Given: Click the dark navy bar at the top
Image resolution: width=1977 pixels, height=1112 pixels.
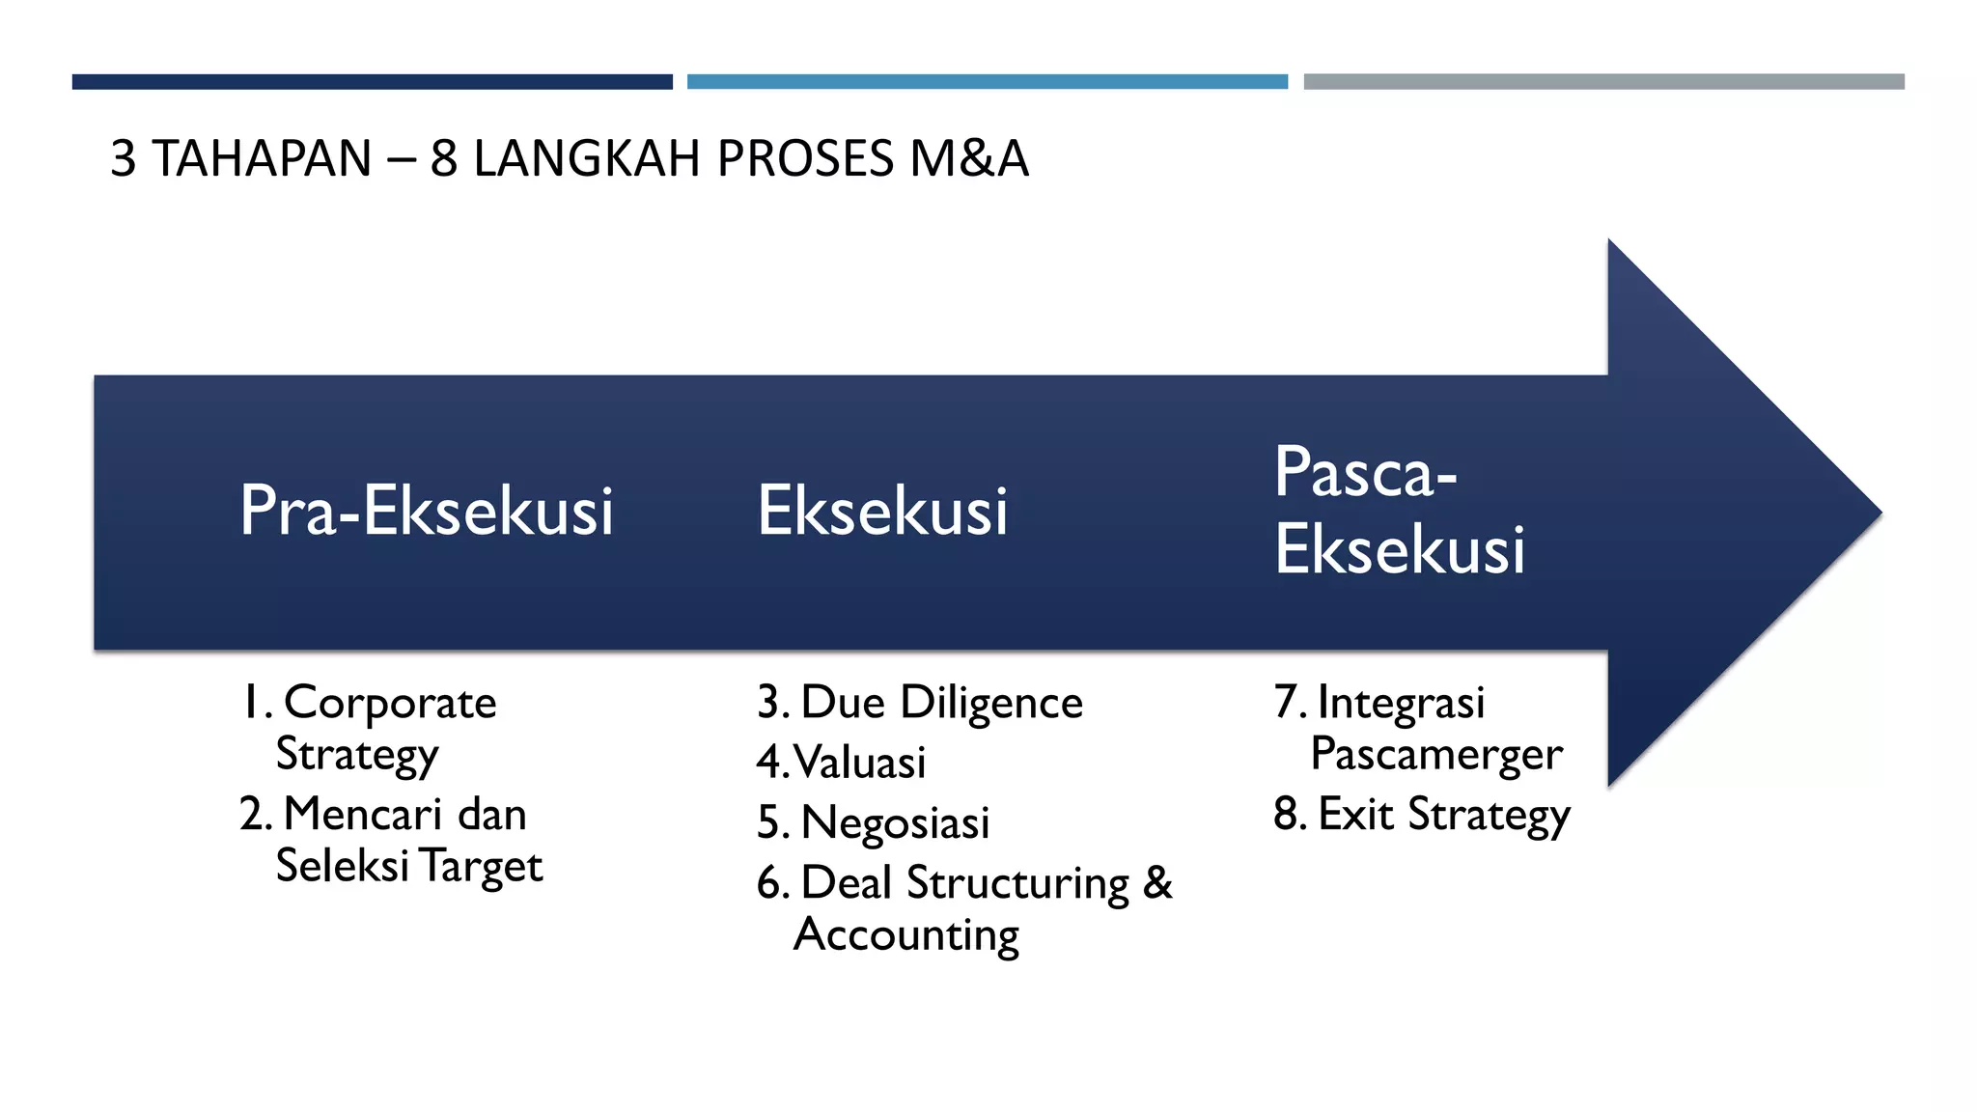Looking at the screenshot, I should click(372, 82).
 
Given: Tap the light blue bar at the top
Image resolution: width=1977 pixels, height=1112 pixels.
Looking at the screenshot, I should click(987, 82).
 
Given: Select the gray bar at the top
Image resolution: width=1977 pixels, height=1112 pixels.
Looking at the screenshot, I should click(1603, 82).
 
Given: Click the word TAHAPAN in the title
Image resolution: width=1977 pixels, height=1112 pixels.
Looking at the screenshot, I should click(262, 158).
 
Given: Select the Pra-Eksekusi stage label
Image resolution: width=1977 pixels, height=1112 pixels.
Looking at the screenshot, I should click(426, 511).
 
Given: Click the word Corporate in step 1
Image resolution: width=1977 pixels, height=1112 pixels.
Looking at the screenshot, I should click(390, 703).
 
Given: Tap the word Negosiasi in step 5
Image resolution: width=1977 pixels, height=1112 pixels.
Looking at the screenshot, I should click(895, 823).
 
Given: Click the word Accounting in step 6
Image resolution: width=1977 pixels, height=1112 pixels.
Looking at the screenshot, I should click(905, 934).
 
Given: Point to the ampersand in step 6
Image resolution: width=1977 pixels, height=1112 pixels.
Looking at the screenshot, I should click(1157, 882).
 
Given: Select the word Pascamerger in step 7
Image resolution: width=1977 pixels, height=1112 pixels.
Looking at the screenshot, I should click(1435, 754).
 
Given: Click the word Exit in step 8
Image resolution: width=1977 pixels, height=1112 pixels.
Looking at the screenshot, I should click(1355, 814).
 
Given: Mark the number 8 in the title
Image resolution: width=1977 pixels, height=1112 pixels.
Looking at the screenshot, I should click(443, 158).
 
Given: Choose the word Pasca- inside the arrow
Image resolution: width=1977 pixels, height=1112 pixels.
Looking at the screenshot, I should click(1365, 473).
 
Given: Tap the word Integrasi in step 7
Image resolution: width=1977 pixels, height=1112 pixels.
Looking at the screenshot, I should click(1401, 703).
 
